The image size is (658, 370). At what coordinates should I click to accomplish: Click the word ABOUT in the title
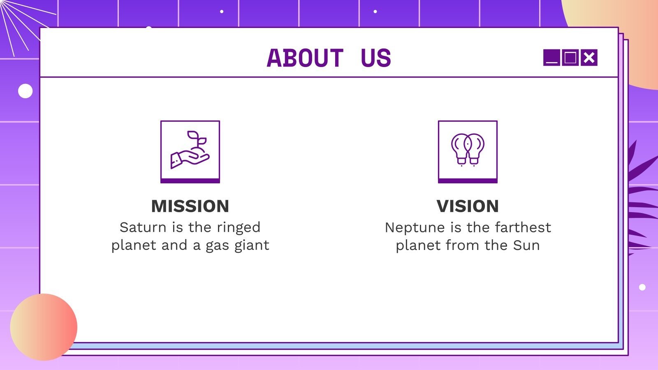pyautogui.click(x=305, y=58)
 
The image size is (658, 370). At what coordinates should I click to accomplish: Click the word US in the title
pyautogui.click(x=375, y=58)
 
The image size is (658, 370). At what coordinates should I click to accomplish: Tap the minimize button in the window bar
pyautogui.click(x=551, y=58)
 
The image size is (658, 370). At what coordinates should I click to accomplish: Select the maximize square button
pyautogui.click(x=570, y=58)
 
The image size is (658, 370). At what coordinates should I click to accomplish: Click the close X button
pyautogui.click(x=589, y=58)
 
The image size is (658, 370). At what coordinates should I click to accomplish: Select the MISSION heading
pyautogui.click(x=190, y=206)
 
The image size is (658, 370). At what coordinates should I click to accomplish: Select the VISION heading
pyautogui.click(x=468, y=206)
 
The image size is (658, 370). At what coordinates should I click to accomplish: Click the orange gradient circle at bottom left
pyautogui.click(x=44, y=327)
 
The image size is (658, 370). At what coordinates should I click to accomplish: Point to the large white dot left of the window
pyautogui.click(x=25, y=91)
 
